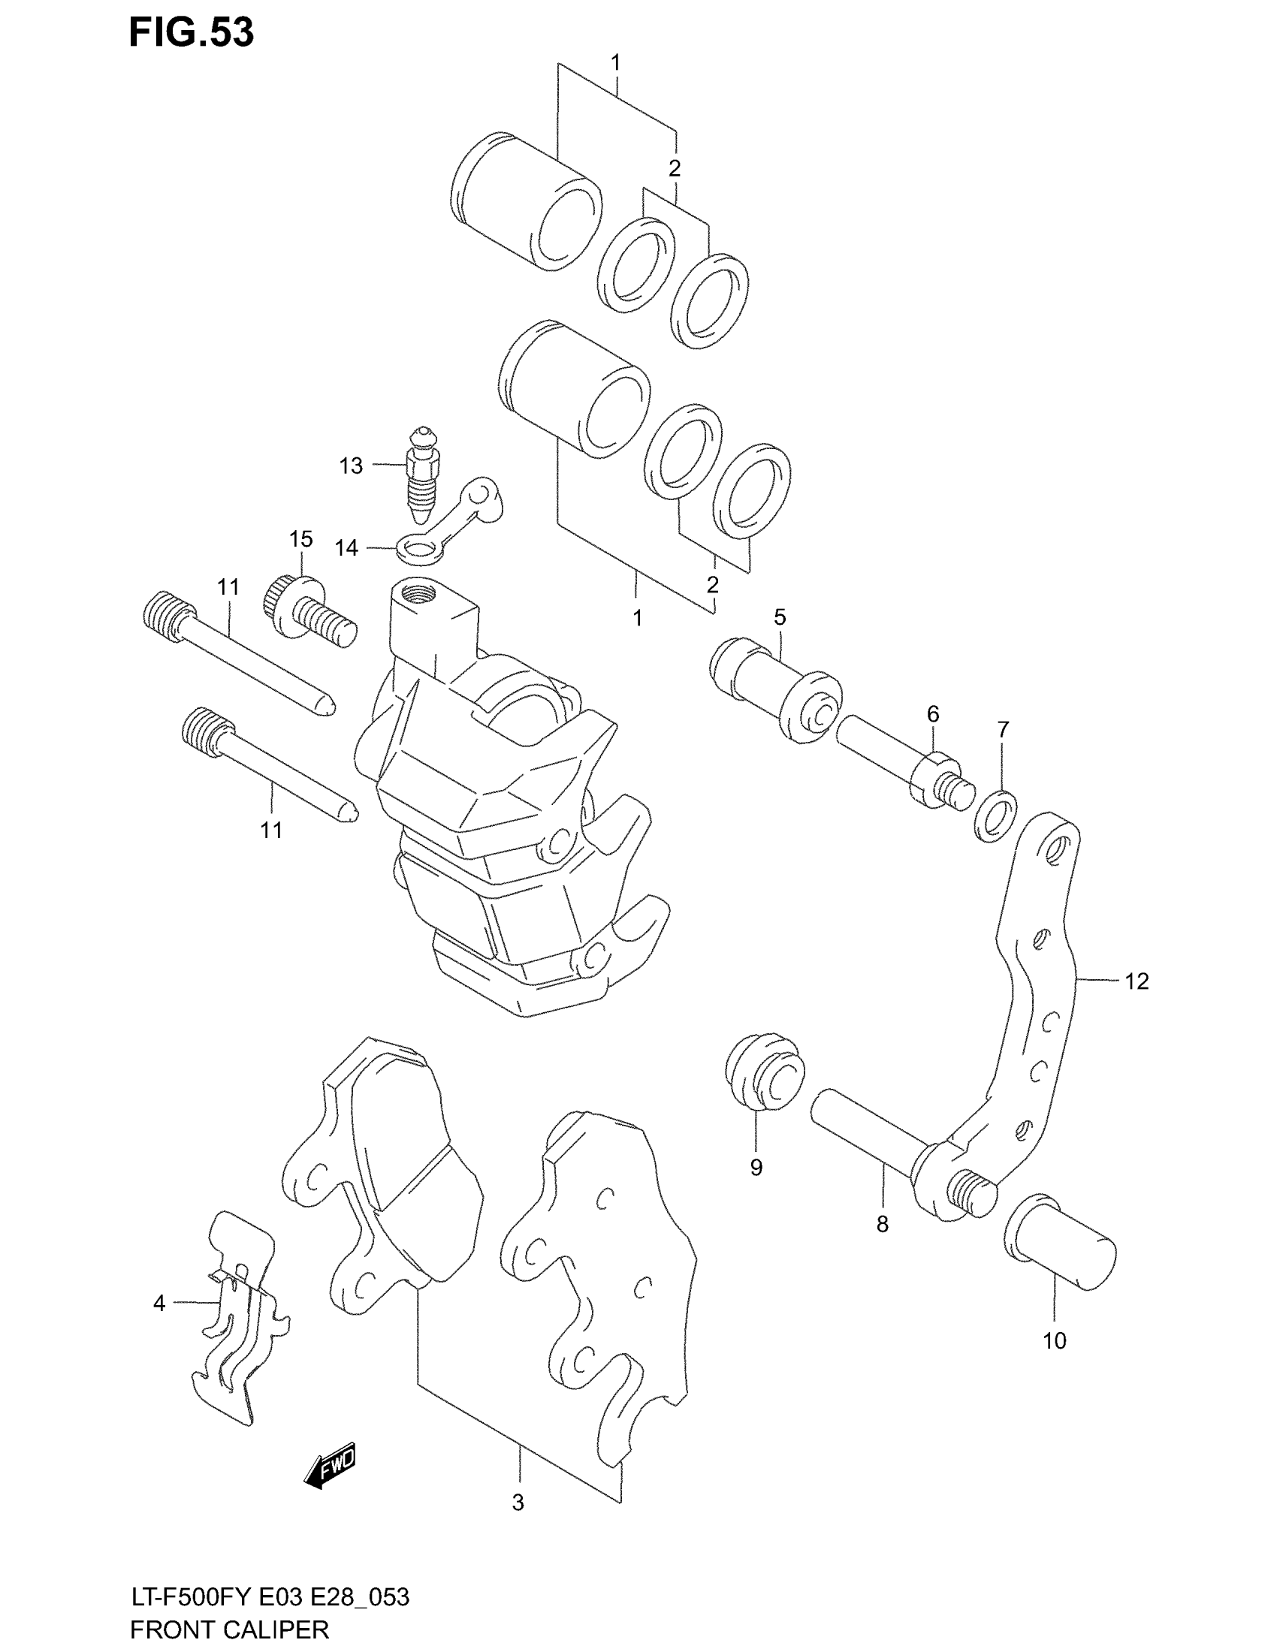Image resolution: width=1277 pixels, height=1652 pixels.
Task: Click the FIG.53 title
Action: (192, 33)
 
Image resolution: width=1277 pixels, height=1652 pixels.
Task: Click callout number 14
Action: (346, 547)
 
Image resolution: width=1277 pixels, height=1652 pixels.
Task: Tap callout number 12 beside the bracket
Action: (1137, 981)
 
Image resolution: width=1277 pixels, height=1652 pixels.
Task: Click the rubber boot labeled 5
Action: (776, 689)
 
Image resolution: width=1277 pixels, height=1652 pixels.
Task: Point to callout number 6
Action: (933, 713)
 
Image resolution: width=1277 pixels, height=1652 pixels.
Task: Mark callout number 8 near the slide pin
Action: (882, 1224)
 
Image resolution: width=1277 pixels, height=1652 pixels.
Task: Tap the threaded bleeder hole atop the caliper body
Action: (417, 591)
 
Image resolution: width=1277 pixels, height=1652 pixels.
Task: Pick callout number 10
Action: (1054, 1362)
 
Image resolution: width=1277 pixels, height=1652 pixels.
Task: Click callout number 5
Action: (780, 617)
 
